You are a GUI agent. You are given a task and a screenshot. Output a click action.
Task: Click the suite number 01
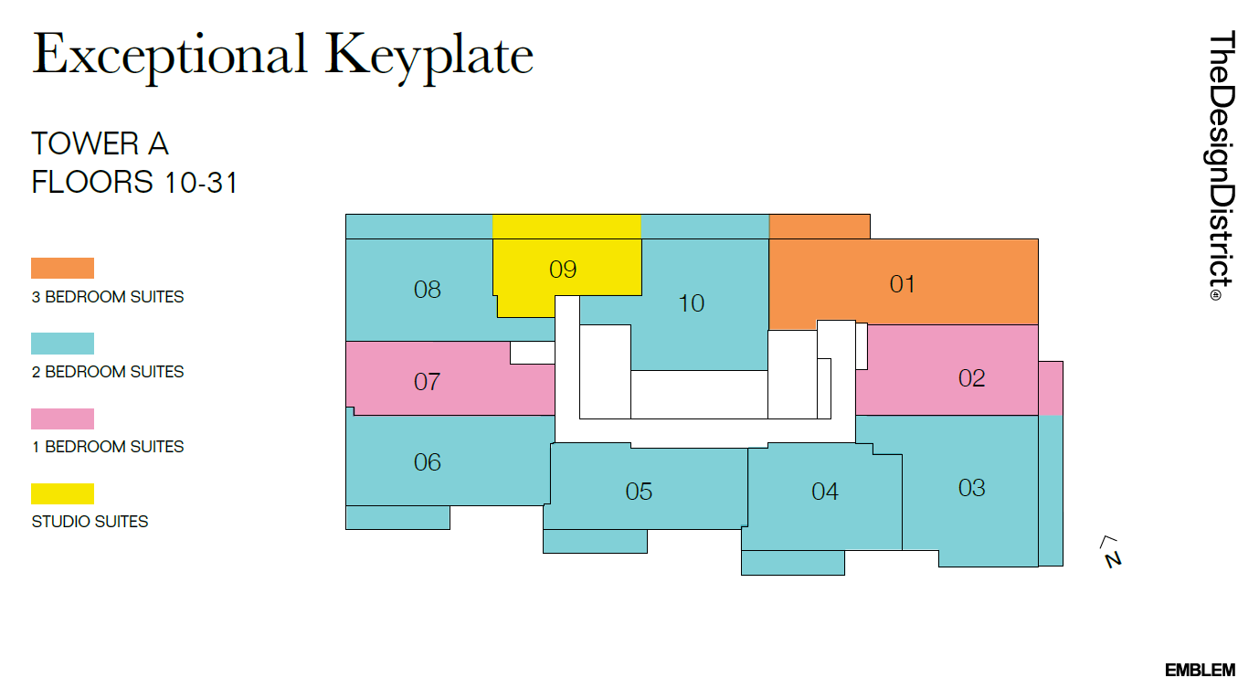click(x=902, y=284)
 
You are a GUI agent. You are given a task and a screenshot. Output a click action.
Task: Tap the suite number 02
click(x=971, y=378)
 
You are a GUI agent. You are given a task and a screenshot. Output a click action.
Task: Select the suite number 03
click(x=971, y=488)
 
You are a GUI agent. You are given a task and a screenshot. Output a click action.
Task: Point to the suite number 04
click(x=824, y=492)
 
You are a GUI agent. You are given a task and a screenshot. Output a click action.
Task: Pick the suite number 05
click(x=639, y=492)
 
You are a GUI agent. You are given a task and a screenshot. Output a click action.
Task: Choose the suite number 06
click(x=427, y=462)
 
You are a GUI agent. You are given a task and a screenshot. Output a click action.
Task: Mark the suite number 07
click(x=427, y=382)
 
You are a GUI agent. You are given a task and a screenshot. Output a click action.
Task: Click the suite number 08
click(x=427, y=291)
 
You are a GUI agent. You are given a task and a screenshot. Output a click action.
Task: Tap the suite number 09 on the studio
click(x=563, y=270)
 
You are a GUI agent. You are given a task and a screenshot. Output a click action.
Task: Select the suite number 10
click(x=691, y=303)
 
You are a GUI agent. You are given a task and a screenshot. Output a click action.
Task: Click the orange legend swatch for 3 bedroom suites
click(x=62, y=268)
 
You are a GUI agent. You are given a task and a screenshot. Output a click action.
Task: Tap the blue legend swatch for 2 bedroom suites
click(x=62, y=344)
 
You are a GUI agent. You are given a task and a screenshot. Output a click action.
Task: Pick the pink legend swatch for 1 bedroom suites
click(x=62, y=418)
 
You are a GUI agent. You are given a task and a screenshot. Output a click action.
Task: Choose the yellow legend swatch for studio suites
click(x=62, y=493)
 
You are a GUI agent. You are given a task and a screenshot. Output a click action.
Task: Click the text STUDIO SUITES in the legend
click(x=90, y=522)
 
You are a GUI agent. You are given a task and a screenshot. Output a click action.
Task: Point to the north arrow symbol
click(x=1111, y=552)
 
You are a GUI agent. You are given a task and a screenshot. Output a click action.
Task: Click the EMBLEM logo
click(x=1200, y=671)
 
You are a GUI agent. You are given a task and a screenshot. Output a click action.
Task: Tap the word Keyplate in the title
click(x=429, y=55)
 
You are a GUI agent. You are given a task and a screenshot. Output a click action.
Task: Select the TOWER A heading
click(x=100, y=144)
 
